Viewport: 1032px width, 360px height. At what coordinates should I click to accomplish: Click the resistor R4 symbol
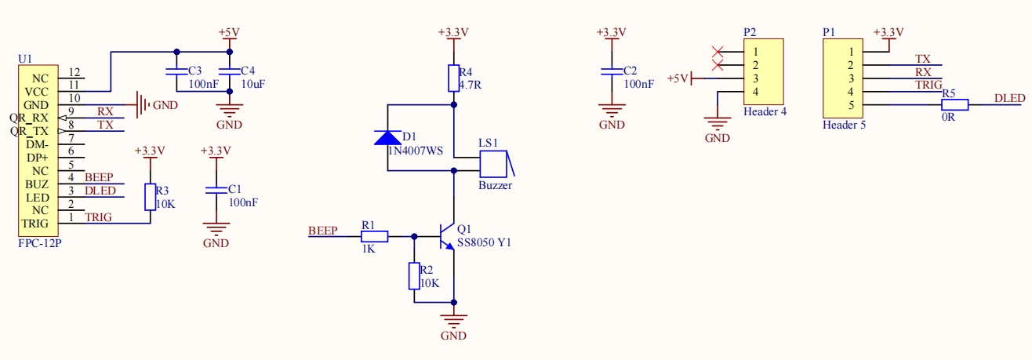[453, 78]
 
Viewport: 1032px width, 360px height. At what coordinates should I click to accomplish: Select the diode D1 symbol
[388, 137]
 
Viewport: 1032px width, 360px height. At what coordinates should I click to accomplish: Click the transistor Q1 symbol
[447, 235]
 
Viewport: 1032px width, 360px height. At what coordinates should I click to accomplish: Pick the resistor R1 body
[374, 235]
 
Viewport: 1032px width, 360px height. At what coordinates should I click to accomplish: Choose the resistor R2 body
[414, 276]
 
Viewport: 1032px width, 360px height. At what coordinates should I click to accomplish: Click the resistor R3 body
[150, 197]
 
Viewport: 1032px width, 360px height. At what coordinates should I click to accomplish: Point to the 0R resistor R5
[954, 105]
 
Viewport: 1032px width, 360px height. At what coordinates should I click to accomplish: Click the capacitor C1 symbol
[216, 191]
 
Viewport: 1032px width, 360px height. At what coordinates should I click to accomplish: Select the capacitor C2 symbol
[612, 71]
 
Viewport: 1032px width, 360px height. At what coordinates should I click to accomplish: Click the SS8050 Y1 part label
[484, 243]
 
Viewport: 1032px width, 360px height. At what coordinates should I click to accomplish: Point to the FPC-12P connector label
[41, 244]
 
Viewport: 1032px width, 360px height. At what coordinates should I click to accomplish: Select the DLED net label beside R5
[1009, 98]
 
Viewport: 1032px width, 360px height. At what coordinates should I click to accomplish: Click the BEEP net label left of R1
[322, 231]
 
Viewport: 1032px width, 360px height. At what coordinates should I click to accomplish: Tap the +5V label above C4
[228, 32]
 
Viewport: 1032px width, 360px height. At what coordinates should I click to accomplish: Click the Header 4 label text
[765, 111]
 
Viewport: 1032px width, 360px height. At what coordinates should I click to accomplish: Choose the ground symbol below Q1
[454, 322]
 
